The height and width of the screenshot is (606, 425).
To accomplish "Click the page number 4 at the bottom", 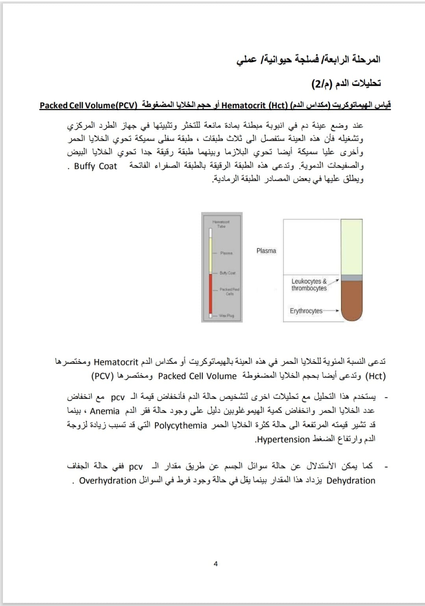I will [215, 564].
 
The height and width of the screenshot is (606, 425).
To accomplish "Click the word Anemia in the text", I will [105, 411].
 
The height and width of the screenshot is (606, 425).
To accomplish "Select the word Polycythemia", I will [181, 425].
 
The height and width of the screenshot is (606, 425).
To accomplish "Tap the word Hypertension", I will [283, 439].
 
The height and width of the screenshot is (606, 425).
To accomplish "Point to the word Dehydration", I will [351, 480].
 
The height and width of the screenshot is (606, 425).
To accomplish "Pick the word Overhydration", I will [108, 480].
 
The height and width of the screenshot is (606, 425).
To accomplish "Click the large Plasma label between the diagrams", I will [266, 251].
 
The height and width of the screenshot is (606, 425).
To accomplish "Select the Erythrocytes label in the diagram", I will [306, 311].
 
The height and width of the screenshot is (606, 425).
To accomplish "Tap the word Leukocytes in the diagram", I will [306, 281].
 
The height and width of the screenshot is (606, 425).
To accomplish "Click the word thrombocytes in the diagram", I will [309, 288].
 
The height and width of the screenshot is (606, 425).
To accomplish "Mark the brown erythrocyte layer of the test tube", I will [351, 299].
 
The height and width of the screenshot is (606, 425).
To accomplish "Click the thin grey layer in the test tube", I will [351, 278].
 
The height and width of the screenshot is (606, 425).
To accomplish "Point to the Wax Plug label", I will [226, 315].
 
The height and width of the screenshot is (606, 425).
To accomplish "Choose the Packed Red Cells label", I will [229, 291].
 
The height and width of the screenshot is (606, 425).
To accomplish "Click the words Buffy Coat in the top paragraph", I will [96, 166].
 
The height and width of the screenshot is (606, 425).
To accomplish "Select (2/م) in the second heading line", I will [322, 83].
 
